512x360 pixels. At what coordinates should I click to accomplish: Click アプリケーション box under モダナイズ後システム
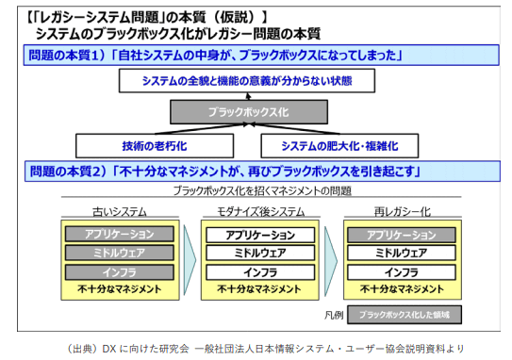(x=255, y=234)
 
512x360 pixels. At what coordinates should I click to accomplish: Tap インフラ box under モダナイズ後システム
(x=255, y=271)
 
